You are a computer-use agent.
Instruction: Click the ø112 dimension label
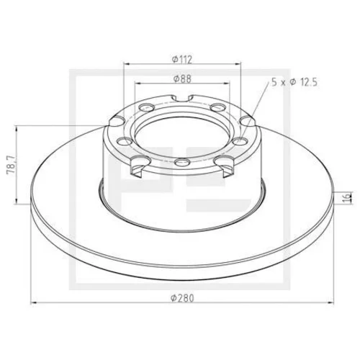(x=182, y=59)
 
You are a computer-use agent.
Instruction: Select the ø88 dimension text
(x=182, y=78)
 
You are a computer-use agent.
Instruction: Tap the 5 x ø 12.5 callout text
(x=294, y=82)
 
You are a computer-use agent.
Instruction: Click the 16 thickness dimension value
(x=347, y=198)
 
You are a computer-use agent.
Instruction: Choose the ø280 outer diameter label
(x=182, y=298)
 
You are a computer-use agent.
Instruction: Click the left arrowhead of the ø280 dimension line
(x=35, y=303)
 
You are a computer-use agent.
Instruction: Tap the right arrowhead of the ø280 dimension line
(x=331, y=303)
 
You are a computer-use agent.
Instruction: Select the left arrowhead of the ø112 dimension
(x=126, y=64)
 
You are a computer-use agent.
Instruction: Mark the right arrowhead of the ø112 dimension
(x=238, y=64)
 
